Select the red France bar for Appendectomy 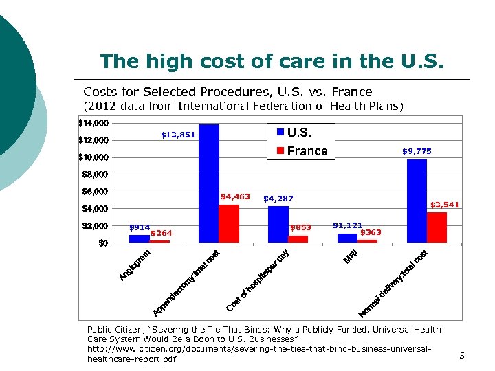pos(229,223)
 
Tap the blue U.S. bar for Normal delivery pos(417,201)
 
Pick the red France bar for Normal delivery pos(437,227)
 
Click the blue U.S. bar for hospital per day pos(278,224)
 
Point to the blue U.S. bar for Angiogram pos(139,238)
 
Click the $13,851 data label pos(178,135)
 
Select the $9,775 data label pos(417,150)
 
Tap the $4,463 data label pos(235,197)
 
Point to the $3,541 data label pos(445,205)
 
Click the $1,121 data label pos(347,225)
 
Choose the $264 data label pos(161,233)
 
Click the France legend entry pos(302,151)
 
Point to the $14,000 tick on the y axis pos(93,124)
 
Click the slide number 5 pos(462,356)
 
